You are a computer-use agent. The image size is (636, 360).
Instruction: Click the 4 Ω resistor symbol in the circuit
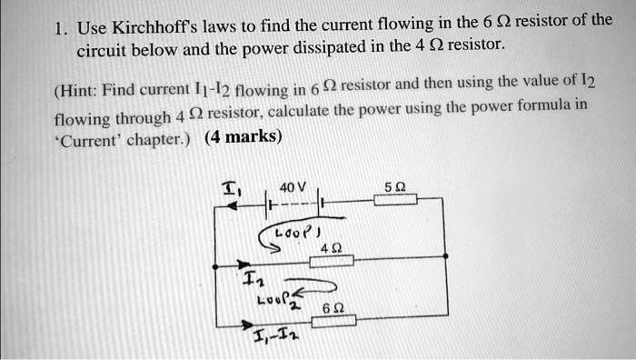[332, 261]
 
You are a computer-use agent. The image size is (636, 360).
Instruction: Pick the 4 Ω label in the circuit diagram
[331, 246]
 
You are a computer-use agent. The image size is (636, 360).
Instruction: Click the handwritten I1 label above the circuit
[231, 189]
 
